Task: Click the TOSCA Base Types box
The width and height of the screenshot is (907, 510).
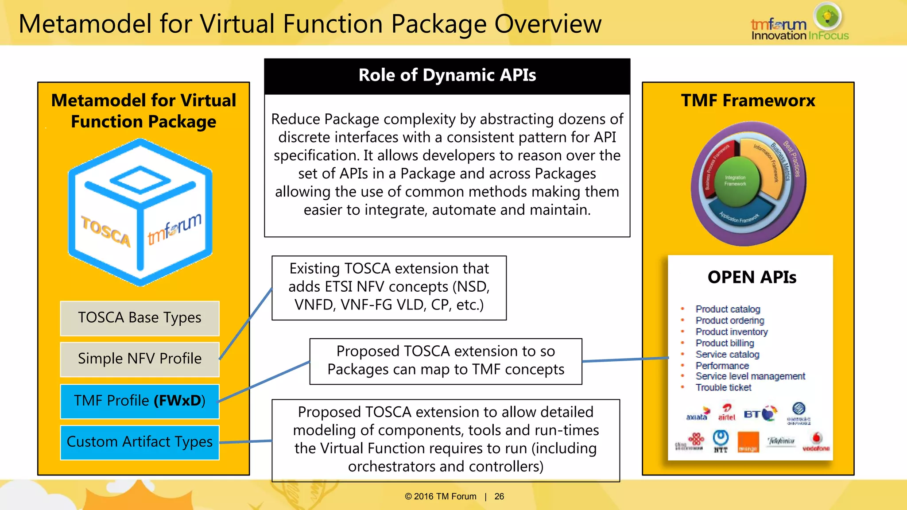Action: [x=140, y=318]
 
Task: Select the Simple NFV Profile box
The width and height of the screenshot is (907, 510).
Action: [x=140, y=359]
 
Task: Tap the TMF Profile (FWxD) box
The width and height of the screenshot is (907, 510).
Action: [x=140, y=401]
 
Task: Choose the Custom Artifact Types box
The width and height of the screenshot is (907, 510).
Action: [x=140, y=442]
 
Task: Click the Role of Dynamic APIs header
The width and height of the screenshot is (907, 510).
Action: [x=447, y=76]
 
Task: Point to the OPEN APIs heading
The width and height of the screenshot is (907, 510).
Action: [x=752, y=278]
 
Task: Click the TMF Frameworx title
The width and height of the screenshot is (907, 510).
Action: [x=748, y=100]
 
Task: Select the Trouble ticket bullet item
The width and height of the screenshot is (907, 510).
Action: [x=723, y=388]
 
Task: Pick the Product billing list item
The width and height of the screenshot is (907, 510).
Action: [x=725, y=343]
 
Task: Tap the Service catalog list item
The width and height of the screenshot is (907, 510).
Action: [x=727, y=355]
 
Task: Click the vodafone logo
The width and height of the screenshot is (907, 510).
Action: [x=816, y=442]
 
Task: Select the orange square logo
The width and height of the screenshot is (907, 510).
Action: [x=748, y=442]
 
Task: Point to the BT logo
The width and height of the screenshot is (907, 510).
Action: [x=759, y=414]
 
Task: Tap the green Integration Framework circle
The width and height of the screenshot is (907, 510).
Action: [x=735, y=181]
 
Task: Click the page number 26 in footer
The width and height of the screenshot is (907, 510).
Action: [x=499, y=497]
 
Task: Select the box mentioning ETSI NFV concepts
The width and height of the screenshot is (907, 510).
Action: [x=389, y=287]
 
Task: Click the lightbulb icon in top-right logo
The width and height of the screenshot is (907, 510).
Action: [x=827, y=16]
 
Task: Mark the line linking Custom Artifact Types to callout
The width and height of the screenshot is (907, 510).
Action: [x=246, y=441]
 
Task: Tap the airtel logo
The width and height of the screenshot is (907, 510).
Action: [x=726, y=413]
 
